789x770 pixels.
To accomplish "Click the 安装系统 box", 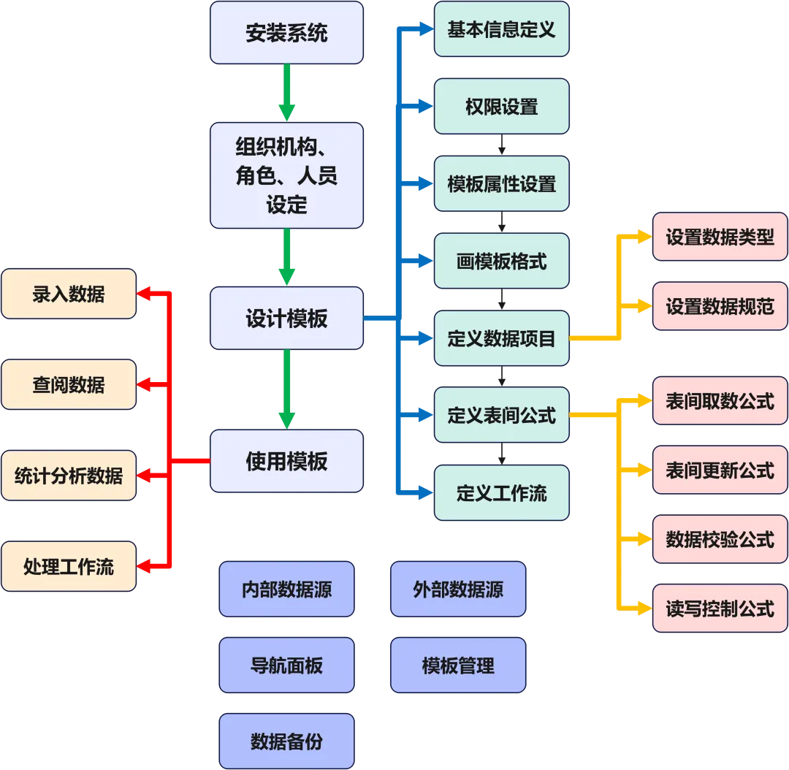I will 286,33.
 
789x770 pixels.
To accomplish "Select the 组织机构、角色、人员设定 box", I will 286,175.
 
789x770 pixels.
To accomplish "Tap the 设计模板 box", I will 286,319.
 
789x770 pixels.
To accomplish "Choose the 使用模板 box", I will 286,461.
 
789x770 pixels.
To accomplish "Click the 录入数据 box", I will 69,294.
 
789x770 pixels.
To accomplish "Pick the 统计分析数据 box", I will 69,476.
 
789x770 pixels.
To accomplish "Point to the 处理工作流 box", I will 69,566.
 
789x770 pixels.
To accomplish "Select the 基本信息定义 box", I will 501,29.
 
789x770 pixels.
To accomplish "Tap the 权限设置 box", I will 501,107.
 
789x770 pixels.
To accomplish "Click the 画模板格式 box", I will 501,261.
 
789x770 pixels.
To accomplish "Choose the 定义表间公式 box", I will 501,415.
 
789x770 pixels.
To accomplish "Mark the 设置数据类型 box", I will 720,237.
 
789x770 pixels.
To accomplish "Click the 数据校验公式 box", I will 720,539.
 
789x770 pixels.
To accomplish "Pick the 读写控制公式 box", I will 720,608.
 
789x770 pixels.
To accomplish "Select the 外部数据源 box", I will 458,589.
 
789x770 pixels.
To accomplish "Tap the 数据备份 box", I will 286,742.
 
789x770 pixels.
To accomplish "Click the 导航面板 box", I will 286,666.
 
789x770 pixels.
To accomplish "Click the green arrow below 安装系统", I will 286,92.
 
